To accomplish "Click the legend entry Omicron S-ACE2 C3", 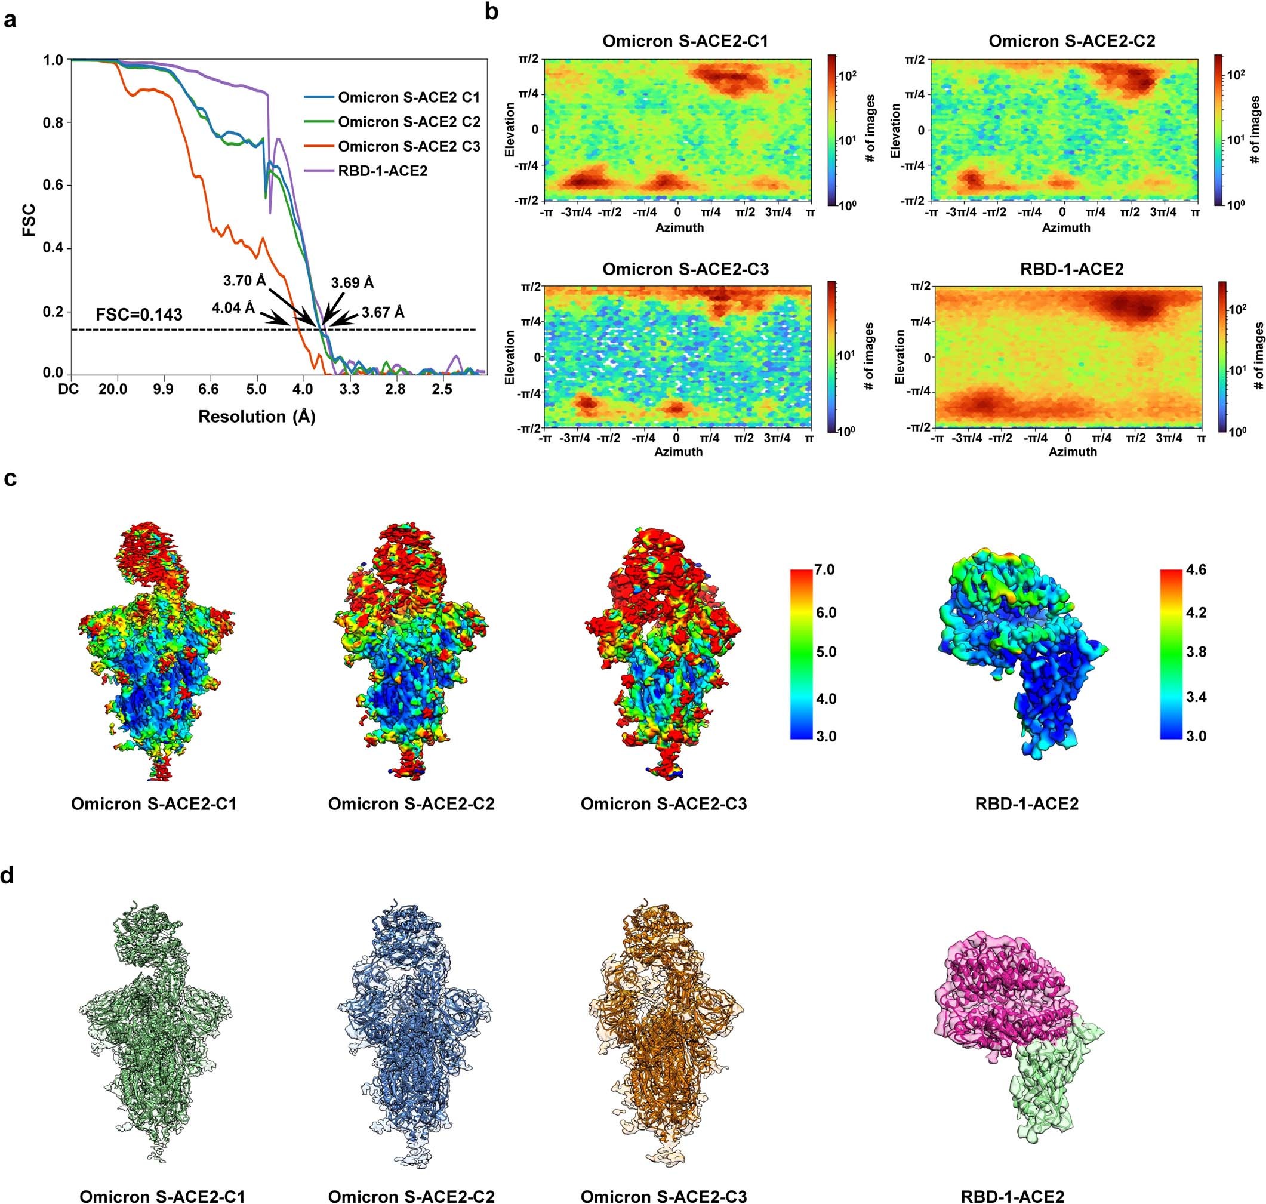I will point(409,146).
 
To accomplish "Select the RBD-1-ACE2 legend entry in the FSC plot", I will point(383,171).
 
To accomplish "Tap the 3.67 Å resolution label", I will point(383,313).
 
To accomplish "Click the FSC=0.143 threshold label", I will point(139,315).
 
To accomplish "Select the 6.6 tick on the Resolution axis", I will point(208,390).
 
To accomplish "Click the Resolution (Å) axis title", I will point(256,417).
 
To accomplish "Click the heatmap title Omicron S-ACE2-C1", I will point(685,41).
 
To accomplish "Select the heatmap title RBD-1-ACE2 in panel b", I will point(1071,269).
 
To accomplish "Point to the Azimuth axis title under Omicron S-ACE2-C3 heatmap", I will point(678,452).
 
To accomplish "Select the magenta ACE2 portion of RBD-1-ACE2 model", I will point(1001,1001).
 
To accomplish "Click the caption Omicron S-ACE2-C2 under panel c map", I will point(411,803).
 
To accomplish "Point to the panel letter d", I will point(9,877).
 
